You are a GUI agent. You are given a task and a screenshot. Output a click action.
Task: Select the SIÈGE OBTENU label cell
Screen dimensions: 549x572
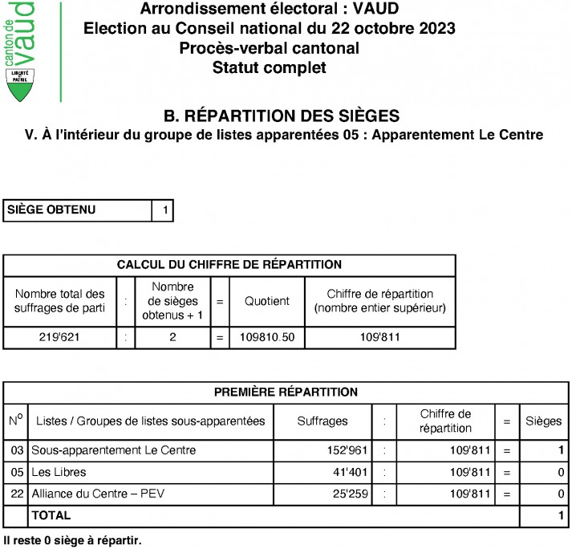coord(78,210)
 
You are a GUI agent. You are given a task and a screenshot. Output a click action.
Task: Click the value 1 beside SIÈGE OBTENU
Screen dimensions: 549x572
coord(164,210)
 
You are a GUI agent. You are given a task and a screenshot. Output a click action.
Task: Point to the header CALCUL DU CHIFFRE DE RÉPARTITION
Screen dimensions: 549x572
coord(229,265)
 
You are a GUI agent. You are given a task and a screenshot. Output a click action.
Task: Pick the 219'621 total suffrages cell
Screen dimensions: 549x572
coord(59,338)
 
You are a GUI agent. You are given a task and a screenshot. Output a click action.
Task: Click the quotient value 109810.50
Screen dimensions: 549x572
coord(267,338)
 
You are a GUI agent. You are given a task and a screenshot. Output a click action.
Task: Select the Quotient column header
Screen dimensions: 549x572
coord(267,302)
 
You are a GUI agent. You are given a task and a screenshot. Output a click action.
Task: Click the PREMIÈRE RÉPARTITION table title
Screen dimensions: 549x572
coord(286,392)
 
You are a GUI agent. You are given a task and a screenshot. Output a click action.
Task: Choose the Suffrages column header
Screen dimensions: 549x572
coord(323,421)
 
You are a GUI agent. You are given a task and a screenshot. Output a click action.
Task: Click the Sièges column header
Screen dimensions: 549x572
coord(543,421)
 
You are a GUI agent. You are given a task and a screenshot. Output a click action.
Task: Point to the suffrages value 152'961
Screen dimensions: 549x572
coord(345,450)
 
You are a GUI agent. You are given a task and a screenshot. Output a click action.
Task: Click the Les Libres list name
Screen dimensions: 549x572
coord(59,472)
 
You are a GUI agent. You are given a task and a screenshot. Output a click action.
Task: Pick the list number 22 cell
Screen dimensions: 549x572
coord(15,494)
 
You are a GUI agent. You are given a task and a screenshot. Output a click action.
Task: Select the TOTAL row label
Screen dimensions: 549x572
coord(51,515)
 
